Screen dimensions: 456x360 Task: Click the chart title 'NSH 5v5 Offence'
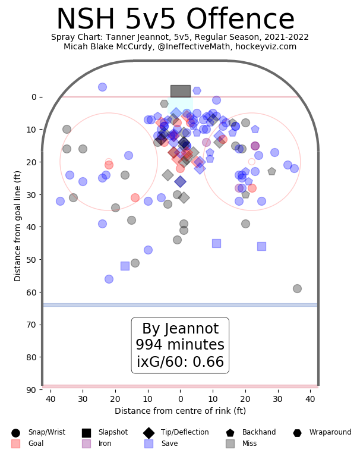tap(175, 20)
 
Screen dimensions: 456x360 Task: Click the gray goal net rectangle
tap(180, 91)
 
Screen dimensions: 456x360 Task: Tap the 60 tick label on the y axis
tap(30, 292)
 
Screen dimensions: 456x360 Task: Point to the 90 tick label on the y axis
tap(30, 389)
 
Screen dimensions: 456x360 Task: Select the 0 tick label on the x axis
tap(180, 400)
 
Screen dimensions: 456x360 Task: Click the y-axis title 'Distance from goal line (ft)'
tap(18, 226)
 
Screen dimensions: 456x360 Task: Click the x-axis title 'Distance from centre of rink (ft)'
tap(180, 411)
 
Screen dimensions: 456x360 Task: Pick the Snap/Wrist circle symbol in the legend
tap(15, 433)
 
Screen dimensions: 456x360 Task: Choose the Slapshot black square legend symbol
tap(86, 433)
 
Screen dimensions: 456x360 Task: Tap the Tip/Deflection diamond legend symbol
tap(149, 433)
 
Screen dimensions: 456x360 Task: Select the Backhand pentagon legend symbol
tap(230, 433)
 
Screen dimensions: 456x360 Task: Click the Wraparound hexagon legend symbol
tap(297, 433)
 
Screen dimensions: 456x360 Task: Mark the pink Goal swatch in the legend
tap(15, 444)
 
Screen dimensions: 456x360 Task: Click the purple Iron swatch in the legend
tap(86, 444)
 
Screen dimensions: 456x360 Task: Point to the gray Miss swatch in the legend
tap(230, 444)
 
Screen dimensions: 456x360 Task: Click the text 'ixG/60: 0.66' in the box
tap(180, 362)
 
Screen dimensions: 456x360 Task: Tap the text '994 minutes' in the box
tap(180, 345)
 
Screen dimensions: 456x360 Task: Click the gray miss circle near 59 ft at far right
tap(297, 288)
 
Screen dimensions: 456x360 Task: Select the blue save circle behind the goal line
tap(102, 87)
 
